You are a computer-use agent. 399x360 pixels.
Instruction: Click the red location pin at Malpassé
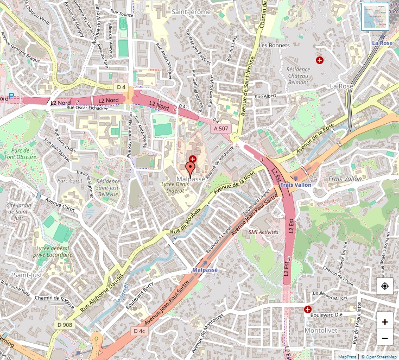[x=190, y=167]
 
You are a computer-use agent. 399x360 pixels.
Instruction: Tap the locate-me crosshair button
[x=385, y=286]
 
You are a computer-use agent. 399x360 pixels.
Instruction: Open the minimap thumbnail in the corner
[x=375, y=17]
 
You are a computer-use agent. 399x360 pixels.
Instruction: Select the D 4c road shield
[x=139, y=331]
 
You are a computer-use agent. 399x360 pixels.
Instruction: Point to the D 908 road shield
[x=64, y=325]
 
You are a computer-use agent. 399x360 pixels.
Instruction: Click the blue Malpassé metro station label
[x=205, y=269]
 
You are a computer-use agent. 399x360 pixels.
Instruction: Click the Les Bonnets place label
[x=275, y=45]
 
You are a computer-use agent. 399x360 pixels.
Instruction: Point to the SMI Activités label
[x=263, y=232]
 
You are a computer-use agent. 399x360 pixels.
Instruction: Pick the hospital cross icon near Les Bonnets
[x=320, y=60]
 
